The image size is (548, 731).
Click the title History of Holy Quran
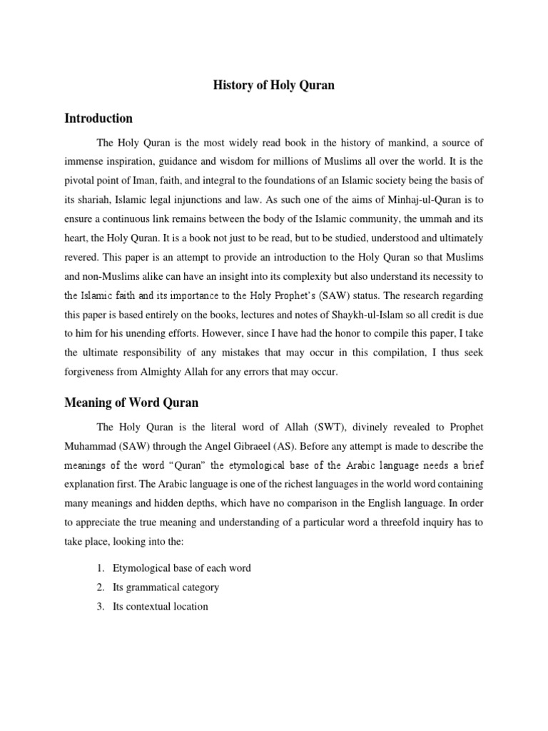point(274,86)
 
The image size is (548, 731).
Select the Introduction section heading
point(98,118)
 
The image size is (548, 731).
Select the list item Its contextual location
point(161,606)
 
